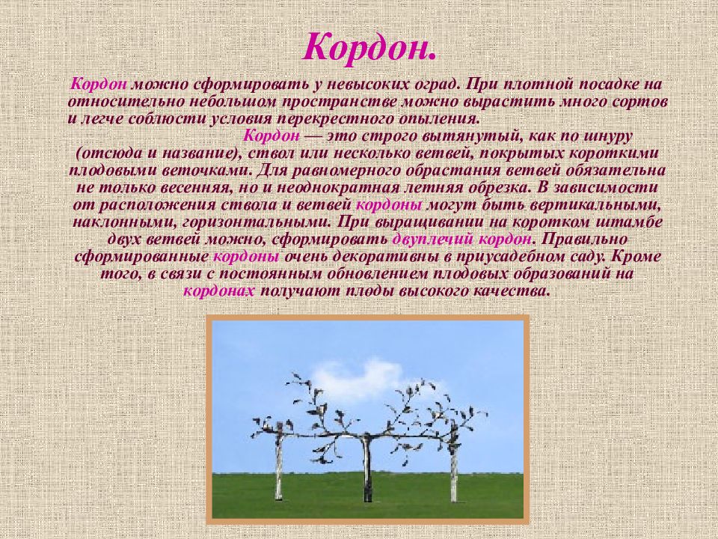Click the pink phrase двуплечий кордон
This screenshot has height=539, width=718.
462,240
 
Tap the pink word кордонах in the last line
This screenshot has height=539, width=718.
220,291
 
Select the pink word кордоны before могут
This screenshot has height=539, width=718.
389,205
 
